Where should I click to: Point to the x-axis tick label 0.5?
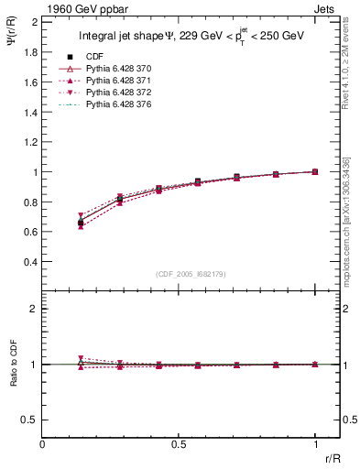[x=179, y=444]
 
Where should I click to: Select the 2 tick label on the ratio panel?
[x=34, y=309]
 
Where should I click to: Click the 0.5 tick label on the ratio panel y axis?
[x=30, y=420]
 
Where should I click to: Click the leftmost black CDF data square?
[x=81, y=223]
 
